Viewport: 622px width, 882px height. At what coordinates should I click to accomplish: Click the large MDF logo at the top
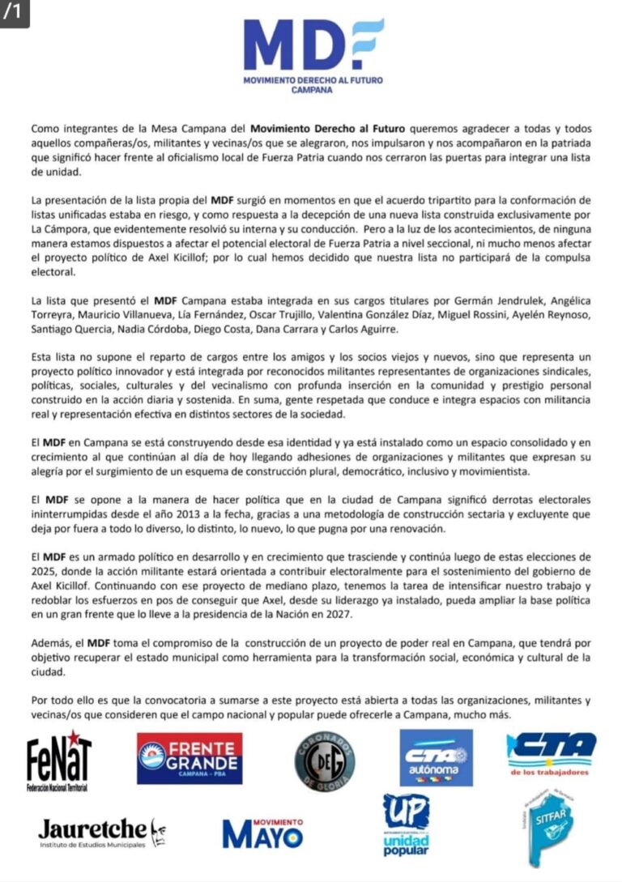[x=313, y=46]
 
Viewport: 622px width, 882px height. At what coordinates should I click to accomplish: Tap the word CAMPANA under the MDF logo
[x=313, y=91]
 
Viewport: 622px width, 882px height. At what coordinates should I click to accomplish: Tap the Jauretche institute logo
[x=102, y=833]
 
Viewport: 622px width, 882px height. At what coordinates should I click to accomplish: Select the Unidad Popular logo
[x=406, y=825]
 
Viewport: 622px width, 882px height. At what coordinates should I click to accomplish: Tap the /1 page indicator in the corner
[x=14, y=13]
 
